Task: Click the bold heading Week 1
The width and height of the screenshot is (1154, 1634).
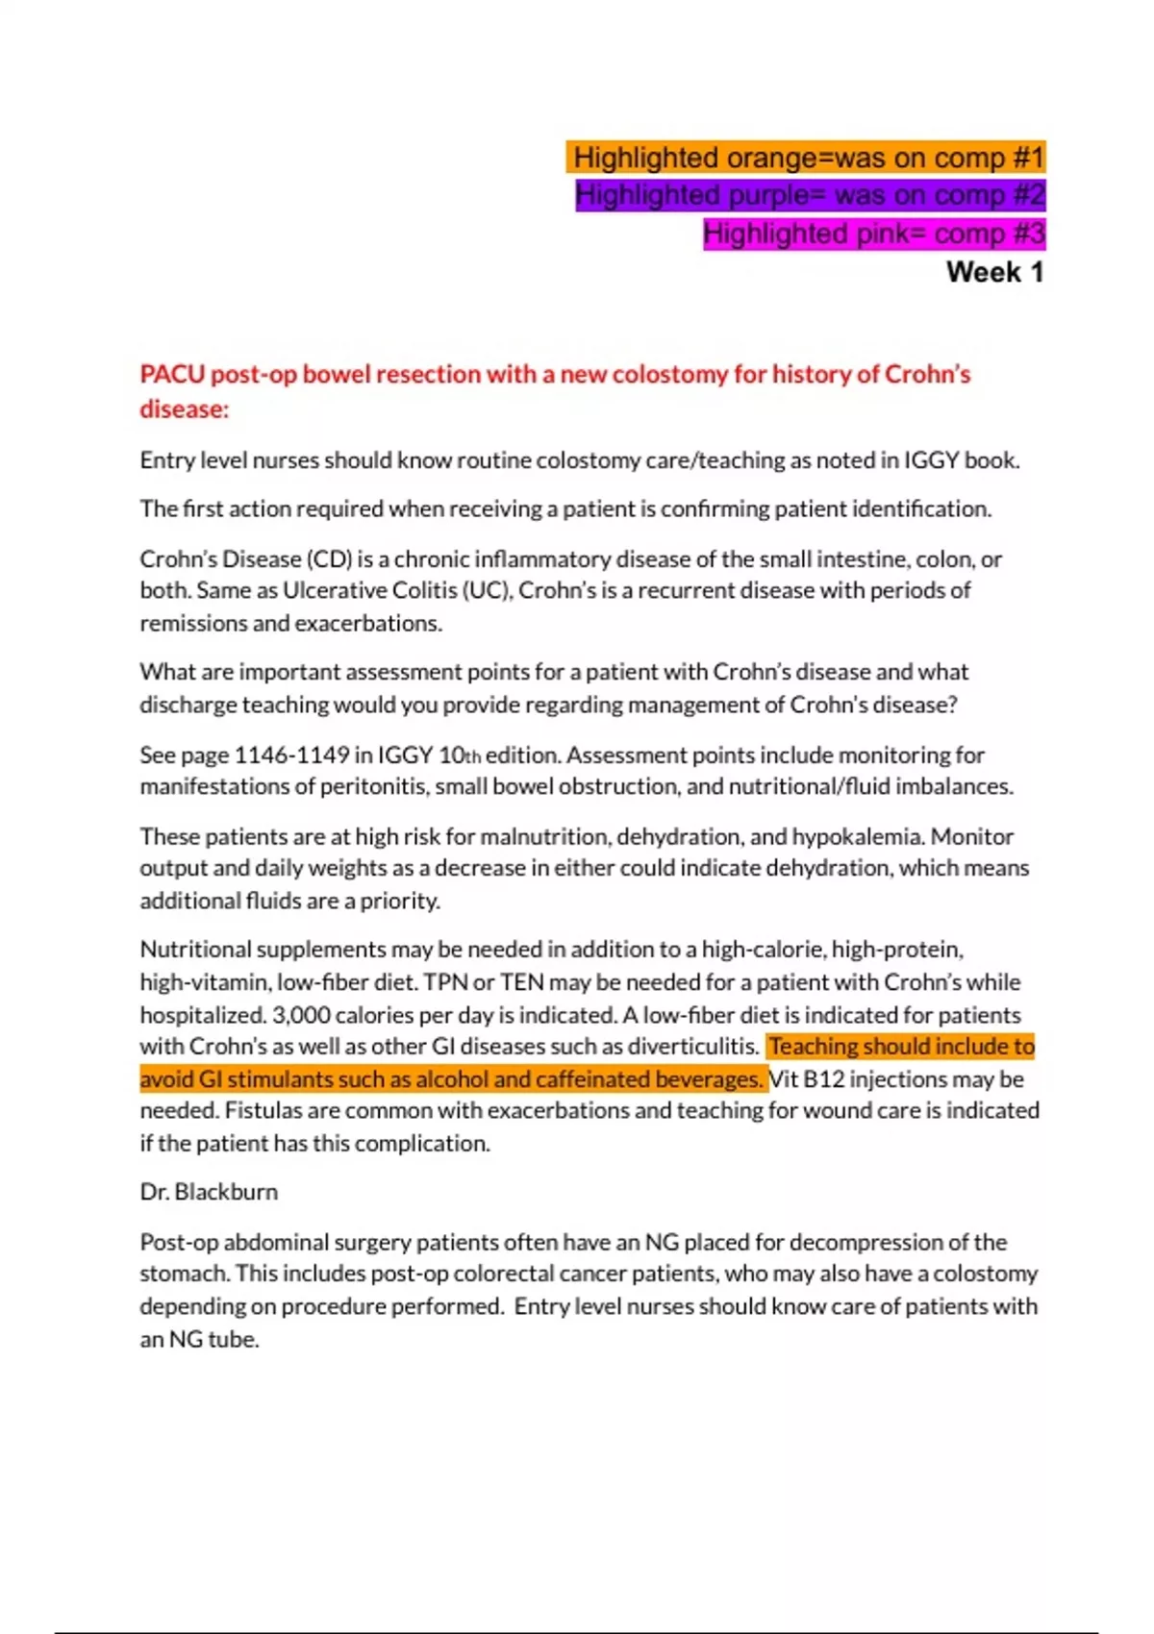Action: (994, 272)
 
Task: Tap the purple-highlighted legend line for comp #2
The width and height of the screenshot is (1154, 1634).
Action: (810, 195)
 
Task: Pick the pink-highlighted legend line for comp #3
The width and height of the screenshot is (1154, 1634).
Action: (873, 234)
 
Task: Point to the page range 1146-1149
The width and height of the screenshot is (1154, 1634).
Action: (291, 755)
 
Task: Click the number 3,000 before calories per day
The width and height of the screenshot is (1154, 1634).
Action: (301, 1015)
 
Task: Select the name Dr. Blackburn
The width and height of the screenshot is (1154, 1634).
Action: (209, 1192)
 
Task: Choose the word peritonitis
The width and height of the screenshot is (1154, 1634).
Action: (373, 786)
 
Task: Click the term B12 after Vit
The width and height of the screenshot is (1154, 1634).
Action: (823, 1079)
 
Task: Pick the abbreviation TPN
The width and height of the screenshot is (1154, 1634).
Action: (445, 982)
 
